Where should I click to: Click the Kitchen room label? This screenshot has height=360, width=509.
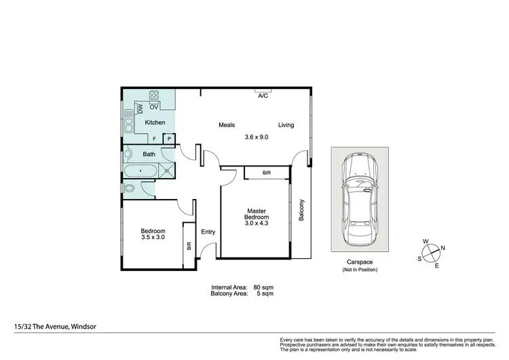click(155, 122)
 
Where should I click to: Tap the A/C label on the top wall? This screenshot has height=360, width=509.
click(263, 96)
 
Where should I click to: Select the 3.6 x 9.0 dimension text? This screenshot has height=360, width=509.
click(257, 137)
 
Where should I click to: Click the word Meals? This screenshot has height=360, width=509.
click(227, 125)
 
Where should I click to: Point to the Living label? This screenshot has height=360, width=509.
click(286, 125)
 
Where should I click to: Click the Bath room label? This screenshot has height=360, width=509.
click(149, 154)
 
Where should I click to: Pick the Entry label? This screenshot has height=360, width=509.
click(208, 232)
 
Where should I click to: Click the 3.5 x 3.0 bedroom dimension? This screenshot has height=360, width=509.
click(153, 238)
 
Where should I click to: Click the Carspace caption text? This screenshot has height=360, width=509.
click(359, 262)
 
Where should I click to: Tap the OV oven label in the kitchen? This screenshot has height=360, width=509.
click(154, 107)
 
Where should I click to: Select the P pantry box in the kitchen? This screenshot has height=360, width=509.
click(169, 139)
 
